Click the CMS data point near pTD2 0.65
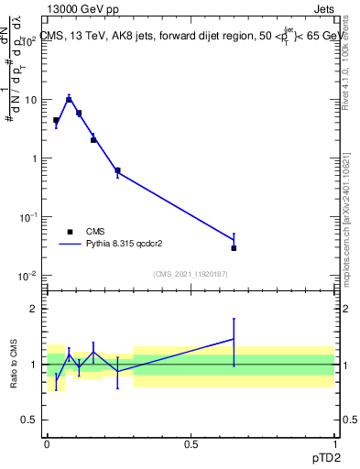pos(234,248)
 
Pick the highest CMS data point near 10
pos(69,99)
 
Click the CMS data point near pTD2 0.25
pos(117,170)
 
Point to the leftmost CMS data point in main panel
pos(56,120)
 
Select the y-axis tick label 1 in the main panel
pos(35,158)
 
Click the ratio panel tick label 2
pos(34,309)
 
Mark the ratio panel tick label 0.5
pos(31,420)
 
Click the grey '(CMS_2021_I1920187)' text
pos(190,274)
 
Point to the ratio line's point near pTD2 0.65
pos(234,339)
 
